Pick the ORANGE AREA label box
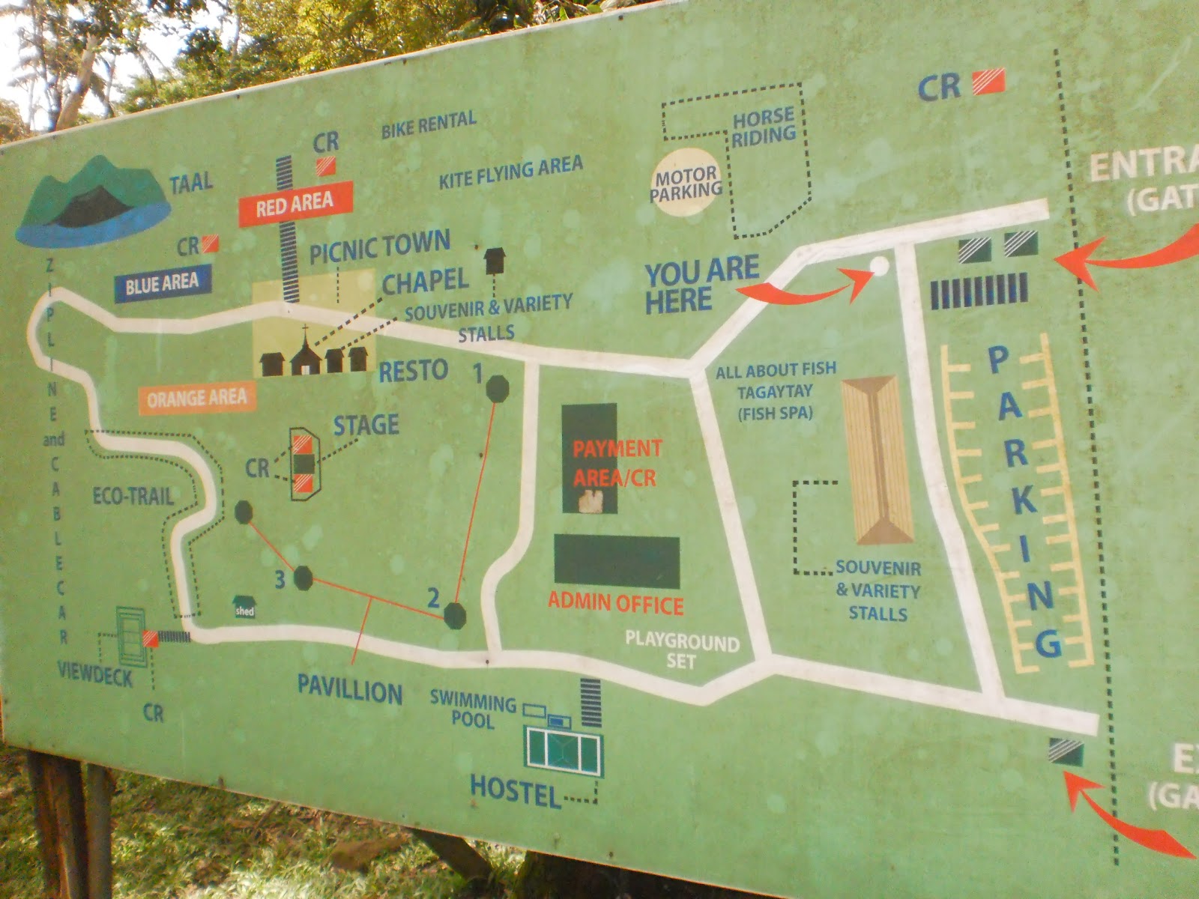pyautogui.click(x=196, y=399)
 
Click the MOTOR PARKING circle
pyautogui.click(x=686, y=184)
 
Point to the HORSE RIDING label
pyautogui.click(x=764, y=127)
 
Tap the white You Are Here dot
pyautogui.click(x=878, y=266)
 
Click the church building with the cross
pyautogui.click(x=305, y=353)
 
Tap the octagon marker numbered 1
pyautogui.click(x=497, y=389)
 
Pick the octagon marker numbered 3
pyautogui.click(x=303, y=578)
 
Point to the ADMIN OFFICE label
pyautogui.click(x=615, y=603)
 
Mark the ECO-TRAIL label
pyautogui.click(x=133, y=496)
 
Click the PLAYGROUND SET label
pyautogui.click(x=682, y=650)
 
